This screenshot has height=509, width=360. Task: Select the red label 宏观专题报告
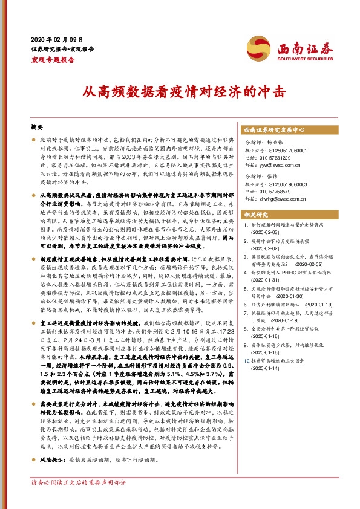(53, 60)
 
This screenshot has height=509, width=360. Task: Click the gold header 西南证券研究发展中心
(273, 129)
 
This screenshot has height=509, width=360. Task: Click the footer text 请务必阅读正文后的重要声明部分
(79, 499)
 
